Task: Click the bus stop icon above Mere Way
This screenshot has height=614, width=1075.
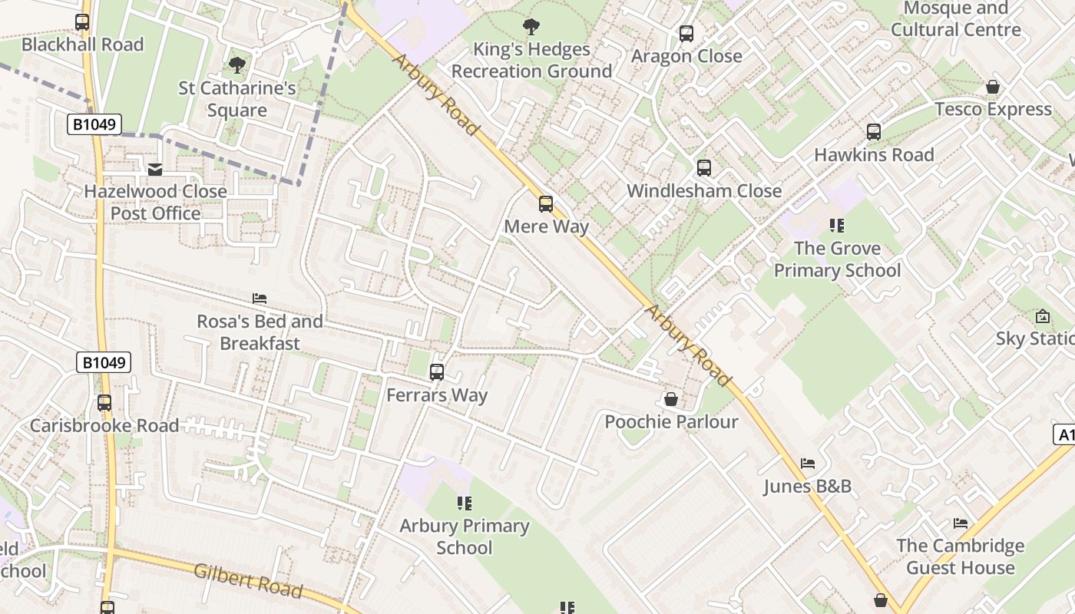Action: click(546, 204)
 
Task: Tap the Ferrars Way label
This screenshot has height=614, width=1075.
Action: click(437, 395)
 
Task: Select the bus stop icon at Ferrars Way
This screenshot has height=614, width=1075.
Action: click(437, 372)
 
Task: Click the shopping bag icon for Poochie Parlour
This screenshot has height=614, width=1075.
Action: click(671, 399)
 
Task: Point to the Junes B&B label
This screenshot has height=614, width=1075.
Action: click(807, 487)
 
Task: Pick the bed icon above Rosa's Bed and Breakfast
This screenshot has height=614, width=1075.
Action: click(260, 298)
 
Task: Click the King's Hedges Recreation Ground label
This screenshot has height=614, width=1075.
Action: click(531, 60)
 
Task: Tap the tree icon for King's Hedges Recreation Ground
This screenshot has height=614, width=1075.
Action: click(531, 28)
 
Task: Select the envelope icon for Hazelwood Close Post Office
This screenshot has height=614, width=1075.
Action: click(155, 169)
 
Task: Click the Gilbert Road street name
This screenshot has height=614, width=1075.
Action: click(248, 580)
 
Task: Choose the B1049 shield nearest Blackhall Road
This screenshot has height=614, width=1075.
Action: click(94, 124)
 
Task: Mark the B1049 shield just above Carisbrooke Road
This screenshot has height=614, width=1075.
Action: click(104, 362)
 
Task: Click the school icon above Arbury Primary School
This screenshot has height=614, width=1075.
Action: click(464, 503)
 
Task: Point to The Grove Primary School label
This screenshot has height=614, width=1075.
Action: click(837, 259)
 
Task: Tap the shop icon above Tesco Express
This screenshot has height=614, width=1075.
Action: click(993, 87)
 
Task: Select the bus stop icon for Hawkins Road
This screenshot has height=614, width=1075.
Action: click(874, 132)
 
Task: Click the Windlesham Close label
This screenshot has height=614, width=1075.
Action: click(704, 190)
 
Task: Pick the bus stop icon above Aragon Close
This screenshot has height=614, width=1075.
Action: click(686, 34)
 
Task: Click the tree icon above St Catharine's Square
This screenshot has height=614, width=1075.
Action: click(237, 65)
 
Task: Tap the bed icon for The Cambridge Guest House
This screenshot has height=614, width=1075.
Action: click(961, 523)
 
